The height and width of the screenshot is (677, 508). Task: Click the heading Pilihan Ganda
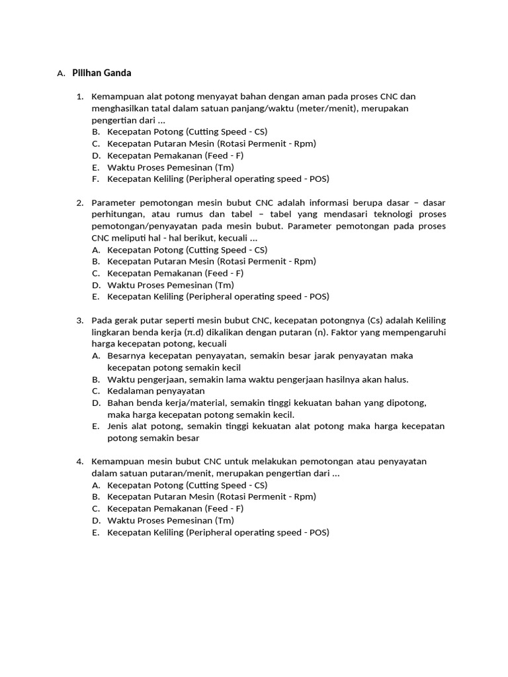[x=101, y=73]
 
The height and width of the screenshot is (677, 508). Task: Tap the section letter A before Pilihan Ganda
[x=60, y=73]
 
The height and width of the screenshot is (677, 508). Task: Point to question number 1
[x=79, y=97]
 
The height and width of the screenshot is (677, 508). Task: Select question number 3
[x=79, y=321]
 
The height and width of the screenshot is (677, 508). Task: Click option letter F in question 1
[x=96, y=179]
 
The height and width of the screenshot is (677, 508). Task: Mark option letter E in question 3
[x=96, y=426]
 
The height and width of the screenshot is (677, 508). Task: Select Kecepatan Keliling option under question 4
[x=218, y=532]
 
